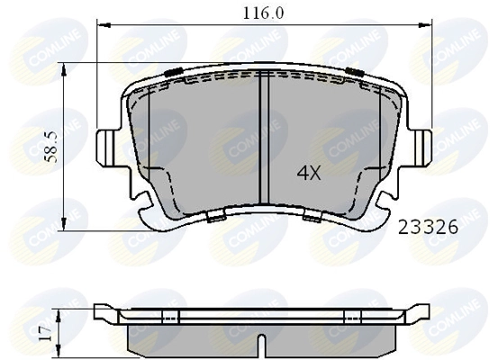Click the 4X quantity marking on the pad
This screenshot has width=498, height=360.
coord(309,174)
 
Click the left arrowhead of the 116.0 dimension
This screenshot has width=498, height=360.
coord(101,26)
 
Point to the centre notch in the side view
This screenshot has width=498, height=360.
coord(260,344)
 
